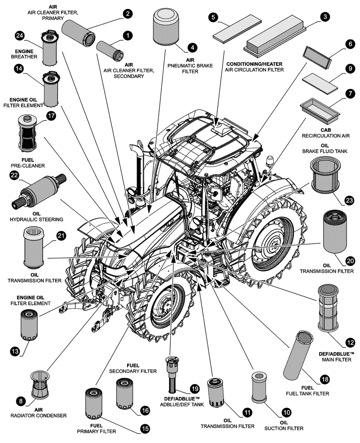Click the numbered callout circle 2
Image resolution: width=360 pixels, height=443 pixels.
pyautogui.click(x=128, y=14)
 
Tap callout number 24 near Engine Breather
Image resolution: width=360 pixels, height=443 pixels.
pyautogui.click(x=19, y=35)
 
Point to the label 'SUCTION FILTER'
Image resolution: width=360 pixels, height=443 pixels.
pyautogui.click(x=283, y=428)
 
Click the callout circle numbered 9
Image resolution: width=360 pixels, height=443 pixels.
pyautogui.click(x=350, y=69)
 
